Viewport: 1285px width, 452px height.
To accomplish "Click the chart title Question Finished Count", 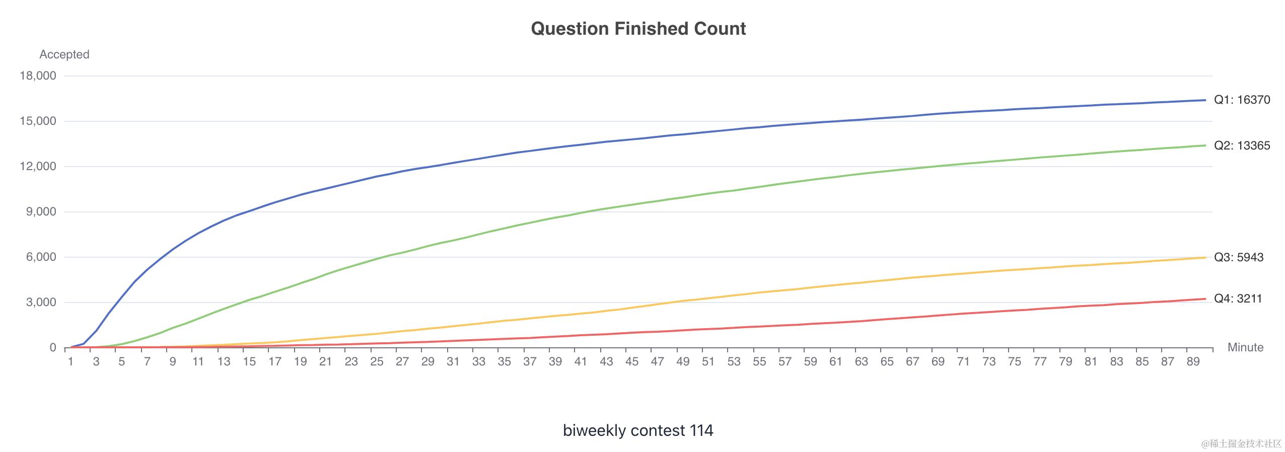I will [x=638, y=29].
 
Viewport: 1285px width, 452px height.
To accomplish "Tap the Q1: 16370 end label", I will [x=1242, y=100].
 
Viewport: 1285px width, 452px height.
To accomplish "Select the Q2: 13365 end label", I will [x=1242, y=145].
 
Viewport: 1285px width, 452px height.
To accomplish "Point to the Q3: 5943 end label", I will [x=1239, y=257].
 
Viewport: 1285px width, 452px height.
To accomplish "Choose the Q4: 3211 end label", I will [x=1238, y=298].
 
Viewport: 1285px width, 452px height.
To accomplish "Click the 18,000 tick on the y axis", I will [x=38, y=76].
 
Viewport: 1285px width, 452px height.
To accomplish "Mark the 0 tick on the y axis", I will [x=53, y=348].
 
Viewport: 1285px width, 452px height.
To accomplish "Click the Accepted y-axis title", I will [x=64, y=54].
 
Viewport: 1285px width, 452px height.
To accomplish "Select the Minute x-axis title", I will [x=1245, y=347].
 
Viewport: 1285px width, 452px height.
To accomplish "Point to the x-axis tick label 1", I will [x=70, y=361].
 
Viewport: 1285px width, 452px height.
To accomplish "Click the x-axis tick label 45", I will [x=631, y=361].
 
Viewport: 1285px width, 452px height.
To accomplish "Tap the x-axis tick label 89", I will [x=1193, y=361].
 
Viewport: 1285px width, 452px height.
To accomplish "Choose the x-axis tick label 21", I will [x=325, y=361].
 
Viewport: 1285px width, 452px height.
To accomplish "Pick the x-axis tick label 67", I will [x=912, y=361].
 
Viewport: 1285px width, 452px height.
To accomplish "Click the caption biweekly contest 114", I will [x=638, y=430].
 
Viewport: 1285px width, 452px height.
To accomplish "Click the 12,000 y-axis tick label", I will [x=38, y=167].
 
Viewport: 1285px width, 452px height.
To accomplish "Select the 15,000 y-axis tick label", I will [x=38, y=121].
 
